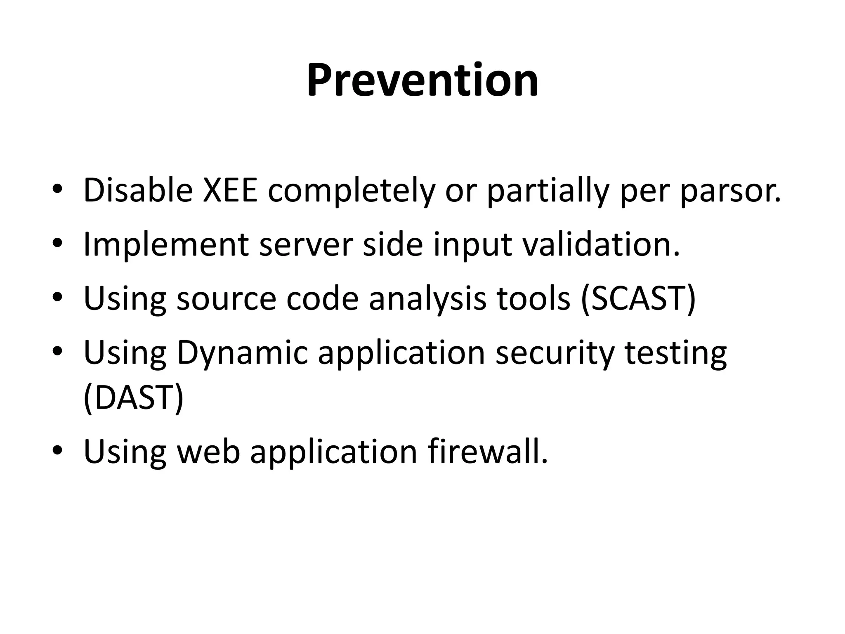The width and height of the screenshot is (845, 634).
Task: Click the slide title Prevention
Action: click(422, 80)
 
